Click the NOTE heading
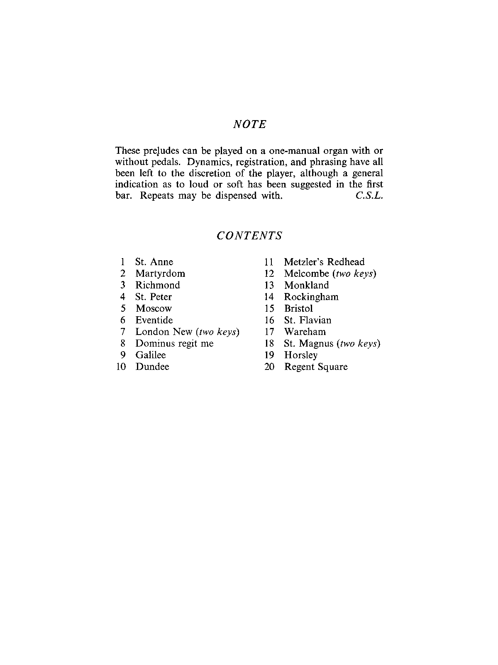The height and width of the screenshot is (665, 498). (x=250, y=124)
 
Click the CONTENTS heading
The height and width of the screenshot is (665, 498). (x=249, y=236)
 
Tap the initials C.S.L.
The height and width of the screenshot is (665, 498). (x=369, y=196)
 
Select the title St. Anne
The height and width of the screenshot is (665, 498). (x=154, y=262)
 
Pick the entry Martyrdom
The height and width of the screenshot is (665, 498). (x=160, y=273)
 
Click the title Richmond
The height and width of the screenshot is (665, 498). (x=158, y=285)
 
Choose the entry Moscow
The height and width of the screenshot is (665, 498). (x=154, y=308)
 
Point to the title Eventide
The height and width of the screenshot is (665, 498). (x=154, y=320)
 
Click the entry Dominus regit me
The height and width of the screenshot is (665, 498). (x=174, y=343)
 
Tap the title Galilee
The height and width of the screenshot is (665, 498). (x=151, y=355)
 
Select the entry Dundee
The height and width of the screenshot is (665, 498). (x=152, y=367)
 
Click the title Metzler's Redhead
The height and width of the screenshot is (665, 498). (x=324, y=262)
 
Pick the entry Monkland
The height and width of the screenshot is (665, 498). (x=306, y=285)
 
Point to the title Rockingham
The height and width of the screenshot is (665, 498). (x=311, y=297)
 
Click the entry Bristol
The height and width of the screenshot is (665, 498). (x=298, y=308)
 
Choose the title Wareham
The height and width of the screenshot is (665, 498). (x=305, y=332)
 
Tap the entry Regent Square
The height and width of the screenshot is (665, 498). (x=316, y=367)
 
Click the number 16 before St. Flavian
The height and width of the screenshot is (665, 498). (x=269, y=320)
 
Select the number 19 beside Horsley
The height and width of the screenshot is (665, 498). (x=269, y=355)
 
